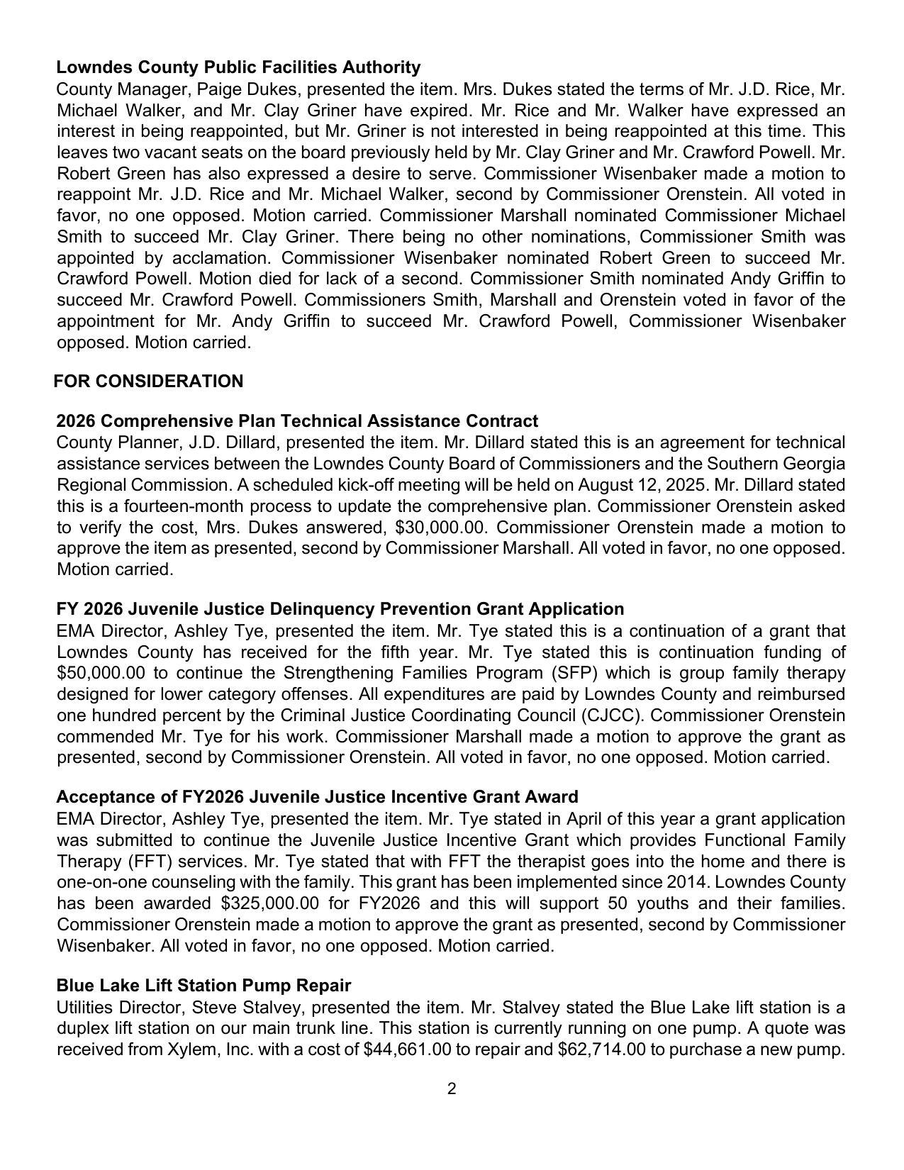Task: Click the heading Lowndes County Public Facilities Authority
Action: click(x=238, y=67)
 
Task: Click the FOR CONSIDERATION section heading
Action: click(x=148, y=381)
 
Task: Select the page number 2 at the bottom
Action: click(x=452, y=1088)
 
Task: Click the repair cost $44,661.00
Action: click(x=406, y=1049)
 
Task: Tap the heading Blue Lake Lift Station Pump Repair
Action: click(x=203, y=986)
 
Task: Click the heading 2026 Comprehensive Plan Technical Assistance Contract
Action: click(x=297, y=421)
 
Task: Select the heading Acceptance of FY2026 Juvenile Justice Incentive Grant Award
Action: click(x=317, y=797)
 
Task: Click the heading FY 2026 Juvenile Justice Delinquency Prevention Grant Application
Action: click(x=340, y=609)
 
